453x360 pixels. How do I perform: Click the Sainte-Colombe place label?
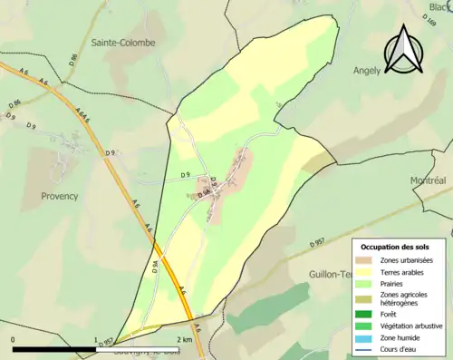click(122, 43)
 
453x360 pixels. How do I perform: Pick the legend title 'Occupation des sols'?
click(395, 247)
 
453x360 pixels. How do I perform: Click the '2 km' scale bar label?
click(185, 340)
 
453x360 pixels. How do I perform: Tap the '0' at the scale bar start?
click(13, 340)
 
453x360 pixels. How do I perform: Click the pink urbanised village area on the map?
click(231, 177)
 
